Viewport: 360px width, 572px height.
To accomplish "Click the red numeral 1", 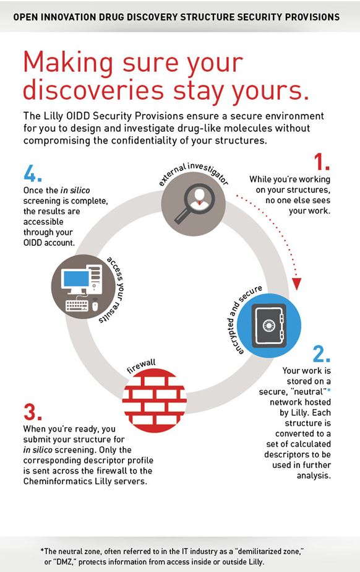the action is (322, 162).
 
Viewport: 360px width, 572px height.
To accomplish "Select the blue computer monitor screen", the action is (76, 279).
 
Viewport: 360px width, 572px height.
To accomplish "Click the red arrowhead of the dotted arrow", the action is (297, 284).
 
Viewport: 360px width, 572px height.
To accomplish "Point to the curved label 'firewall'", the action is (141, 366).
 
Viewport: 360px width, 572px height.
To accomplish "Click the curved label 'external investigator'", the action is (194, 173).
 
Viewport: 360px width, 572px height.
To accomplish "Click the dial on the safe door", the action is (268, 324).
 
